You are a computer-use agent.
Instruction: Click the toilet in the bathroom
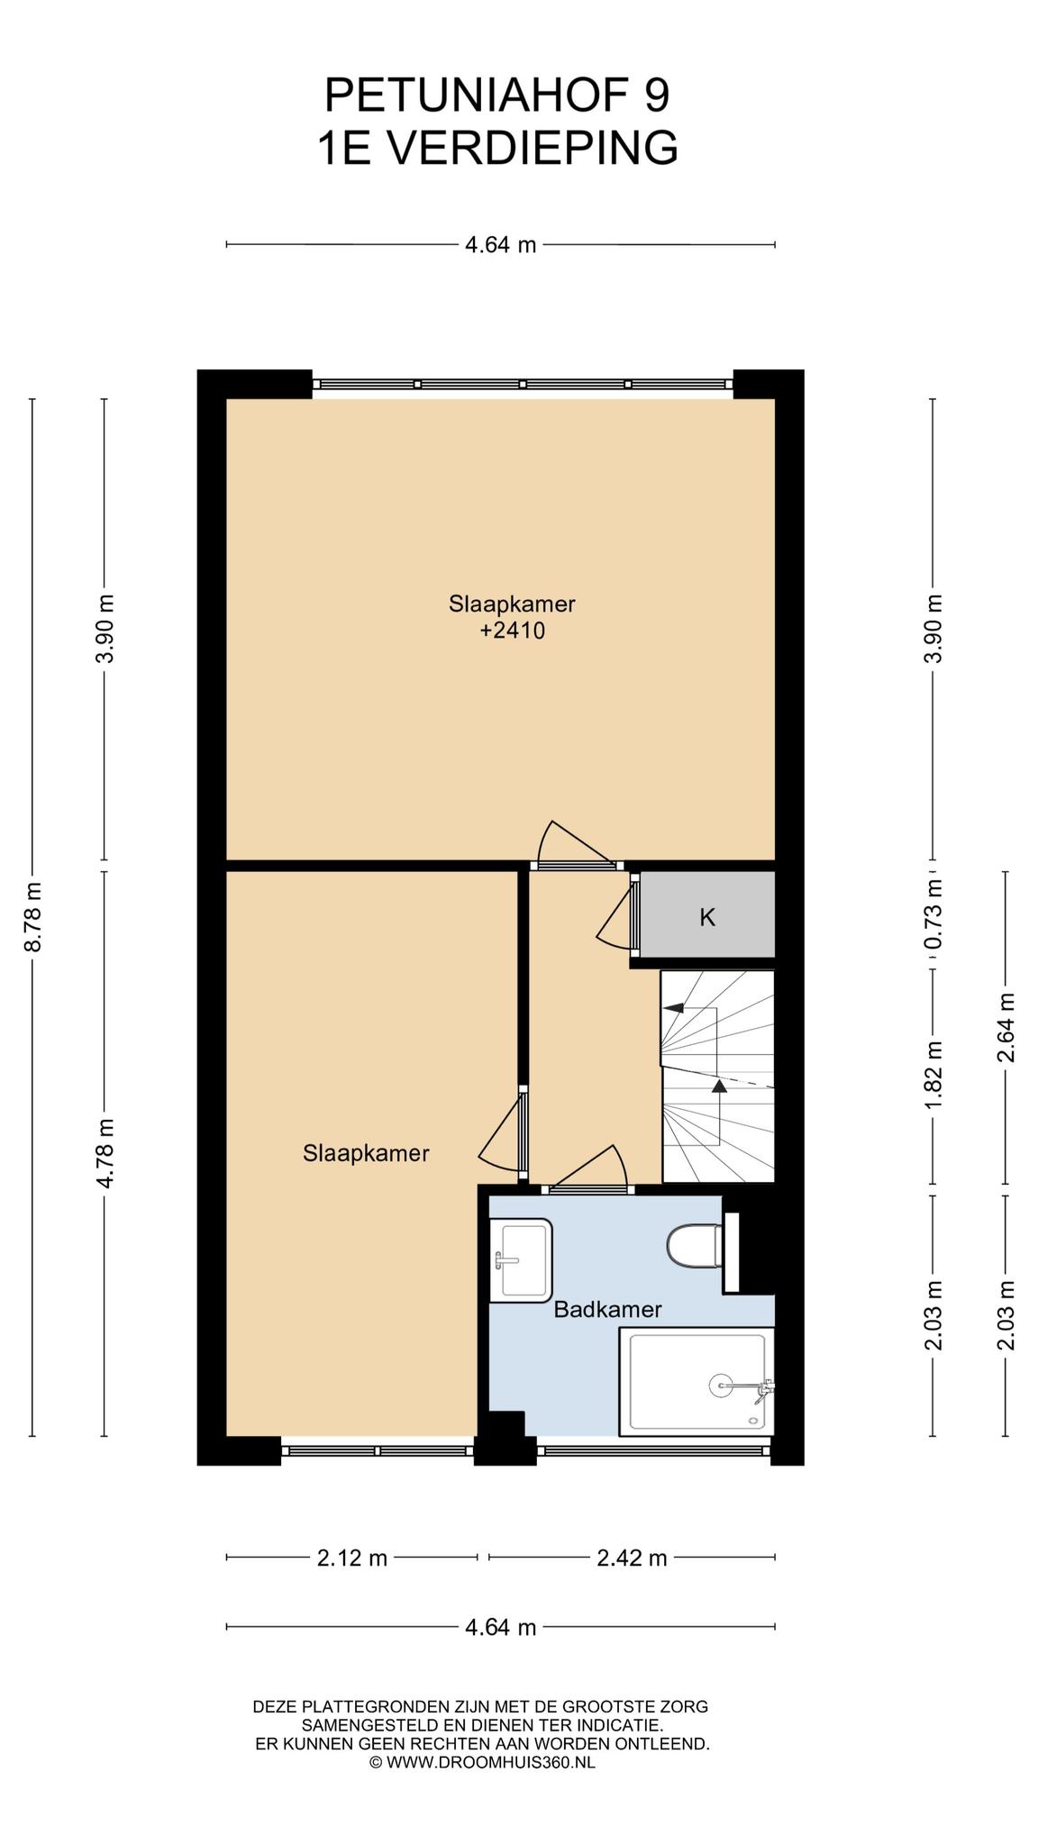(x=695, y=1247)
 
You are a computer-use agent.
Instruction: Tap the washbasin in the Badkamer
(x=520, y=1259)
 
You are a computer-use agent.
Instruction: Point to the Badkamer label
(x=607, y=1310)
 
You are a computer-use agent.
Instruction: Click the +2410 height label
(x=512, y=631)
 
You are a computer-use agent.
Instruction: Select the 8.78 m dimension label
(x=33, y=915)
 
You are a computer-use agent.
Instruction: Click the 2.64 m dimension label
(x=1006, y=1027)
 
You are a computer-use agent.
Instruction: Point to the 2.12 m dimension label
(x=351, y=1558)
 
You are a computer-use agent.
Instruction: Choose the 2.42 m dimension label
(x=632, y=1558)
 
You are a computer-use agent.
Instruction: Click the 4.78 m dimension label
(x=105, y=1152)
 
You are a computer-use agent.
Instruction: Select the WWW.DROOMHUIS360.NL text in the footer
(x=491, y=1763)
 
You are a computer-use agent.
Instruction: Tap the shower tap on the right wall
(x=765, y=1390)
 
